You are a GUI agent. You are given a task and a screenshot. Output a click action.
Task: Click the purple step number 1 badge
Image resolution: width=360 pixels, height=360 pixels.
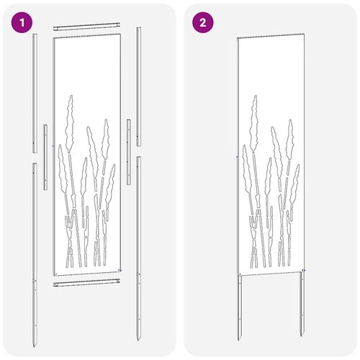(x=22, y=23)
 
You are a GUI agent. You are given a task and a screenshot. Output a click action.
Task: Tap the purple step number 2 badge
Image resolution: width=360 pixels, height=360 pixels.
(x=203, y=22)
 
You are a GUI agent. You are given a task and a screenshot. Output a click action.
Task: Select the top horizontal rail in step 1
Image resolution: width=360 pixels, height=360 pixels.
(x=86, y=27)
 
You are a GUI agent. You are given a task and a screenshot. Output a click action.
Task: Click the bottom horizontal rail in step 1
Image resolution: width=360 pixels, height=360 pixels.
(x=86, y=282)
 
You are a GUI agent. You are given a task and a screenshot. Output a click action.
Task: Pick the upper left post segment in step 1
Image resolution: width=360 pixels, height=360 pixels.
(x=35, y=93)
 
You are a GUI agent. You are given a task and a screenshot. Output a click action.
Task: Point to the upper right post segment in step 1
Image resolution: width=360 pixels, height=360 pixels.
(x=138, y=86)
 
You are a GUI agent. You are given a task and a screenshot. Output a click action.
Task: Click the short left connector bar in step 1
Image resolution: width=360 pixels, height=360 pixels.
(x=45, y=157)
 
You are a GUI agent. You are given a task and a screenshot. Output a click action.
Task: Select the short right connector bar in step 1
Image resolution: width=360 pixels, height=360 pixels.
(x=129, y=152)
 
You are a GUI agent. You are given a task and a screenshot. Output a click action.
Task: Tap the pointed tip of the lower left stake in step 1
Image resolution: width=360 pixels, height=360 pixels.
(x=34, y=346)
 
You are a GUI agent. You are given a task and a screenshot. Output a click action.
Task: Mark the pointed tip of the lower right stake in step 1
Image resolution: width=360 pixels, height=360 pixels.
(x=138, y=340)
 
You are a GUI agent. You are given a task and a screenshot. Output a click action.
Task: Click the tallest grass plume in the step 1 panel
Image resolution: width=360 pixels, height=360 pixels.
(x=70, y=124)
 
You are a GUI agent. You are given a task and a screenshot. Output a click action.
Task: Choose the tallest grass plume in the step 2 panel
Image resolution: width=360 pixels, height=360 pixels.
(x=254, y=124)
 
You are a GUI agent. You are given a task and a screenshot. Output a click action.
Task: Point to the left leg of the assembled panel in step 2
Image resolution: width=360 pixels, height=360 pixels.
(x=240, y=308)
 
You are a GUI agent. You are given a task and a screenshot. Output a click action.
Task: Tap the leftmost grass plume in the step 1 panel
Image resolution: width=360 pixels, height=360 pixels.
(x=63, y=168)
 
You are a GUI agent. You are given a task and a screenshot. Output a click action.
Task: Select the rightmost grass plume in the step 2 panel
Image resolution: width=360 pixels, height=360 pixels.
(x=294, y=186)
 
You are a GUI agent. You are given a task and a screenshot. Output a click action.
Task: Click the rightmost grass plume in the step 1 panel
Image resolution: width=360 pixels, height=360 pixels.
(x=110, y=186)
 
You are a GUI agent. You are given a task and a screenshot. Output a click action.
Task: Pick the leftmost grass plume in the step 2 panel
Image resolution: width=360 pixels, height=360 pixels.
(x=247, y=168)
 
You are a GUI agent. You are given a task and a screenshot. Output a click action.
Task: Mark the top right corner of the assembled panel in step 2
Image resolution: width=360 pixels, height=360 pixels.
(x=305, y=34)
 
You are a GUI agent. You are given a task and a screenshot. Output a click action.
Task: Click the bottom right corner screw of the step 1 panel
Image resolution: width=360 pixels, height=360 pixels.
(x=120, y=271)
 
